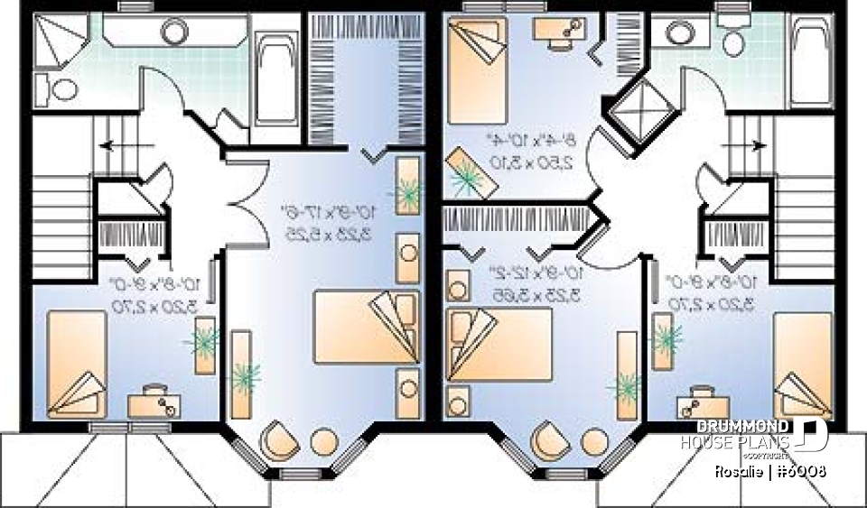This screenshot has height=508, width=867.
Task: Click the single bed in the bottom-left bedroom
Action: point(78,363)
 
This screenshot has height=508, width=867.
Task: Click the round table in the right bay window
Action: point(593,442)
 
